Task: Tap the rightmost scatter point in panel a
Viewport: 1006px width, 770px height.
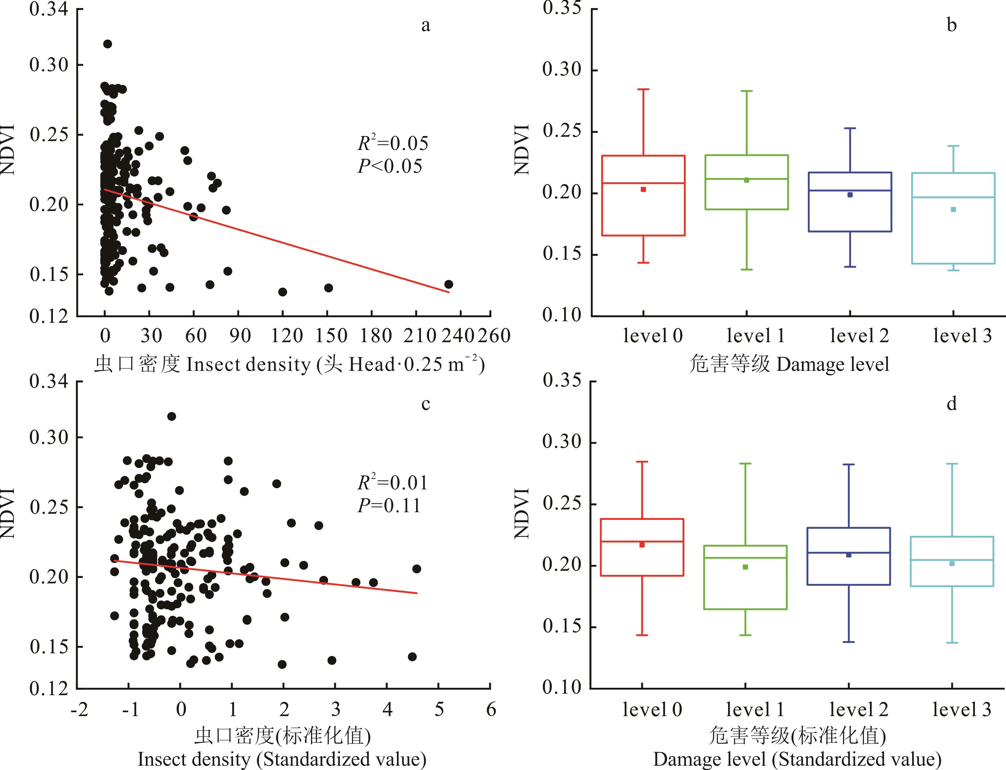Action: pyautogui.click(x=449, y=284)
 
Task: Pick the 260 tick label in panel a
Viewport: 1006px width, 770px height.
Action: pyautogui.click(x=494, y=336)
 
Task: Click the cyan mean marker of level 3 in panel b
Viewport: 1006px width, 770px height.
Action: pyautogui.click(x=953, y=209)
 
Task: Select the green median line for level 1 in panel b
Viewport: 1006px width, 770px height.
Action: pyautogui.click(x=746, y=179)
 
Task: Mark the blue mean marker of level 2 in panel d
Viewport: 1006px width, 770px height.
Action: pyautogui.click(x=848, y=555)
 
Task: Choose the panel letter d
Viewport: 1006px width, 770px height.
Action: pyautogui.click(x=952, y=404)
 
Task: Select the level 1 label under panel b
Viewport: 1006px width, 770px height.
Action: pyautogui.click(x=756, y=336)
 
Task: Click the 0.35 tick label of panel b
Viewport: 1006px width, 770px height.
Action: pyautogui.click(x=562, y=8)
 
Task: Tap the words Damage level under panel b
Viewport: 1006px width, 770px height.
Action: pyautogui.click(x=833, y=364)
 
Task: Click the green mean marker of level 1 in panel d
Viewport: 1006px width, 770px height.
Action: pyautogui.click(x=745, y=567)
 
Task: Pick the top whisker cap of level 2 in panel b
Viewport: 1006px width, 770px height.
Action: pyautogui.click(x=850, y=128)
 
